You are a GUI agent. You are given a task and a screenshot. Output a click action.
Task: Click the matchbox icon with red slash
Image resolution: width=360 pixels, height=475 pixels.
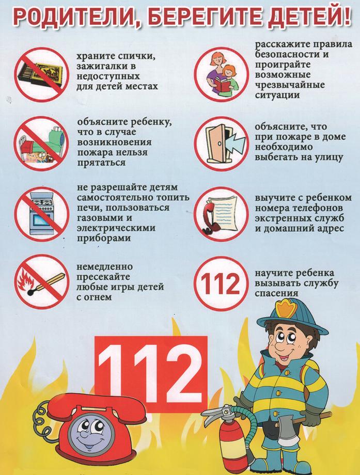click(x=41, y=74)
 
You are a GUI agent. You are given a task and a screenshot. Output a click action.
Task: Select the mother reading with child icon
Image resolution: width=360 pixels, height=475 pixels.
click(x=222, y=74)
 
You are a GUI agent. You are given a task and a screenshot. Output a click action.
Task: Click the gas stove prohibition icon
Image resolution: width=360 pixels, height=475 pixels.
click(x=42, y=214)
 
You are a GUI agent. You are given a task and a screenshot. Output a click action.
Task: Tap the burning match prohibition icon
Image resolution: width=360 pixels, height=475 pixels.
click(x=42, y=282)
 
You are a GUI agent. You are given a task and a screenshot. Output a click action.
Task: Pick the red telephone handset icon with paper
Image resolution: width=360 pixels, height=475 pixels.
click(x=222, y=214)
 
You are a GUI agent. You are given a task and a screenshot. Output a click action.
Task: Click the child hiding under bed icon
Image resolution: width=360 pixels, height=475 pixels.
click(x=41, y=144)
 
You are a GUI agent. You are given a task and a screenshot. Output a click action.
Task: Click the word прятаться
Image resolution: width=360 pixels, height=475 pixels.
click(x=102, y=163)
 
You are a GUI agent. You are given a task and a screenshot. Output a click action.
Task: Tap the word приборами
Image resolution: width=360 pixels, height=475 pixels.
click(x=104, y=239)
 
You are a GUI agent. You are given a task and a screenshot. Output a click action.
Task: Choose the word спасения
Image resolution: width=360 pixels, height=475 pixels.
click(x=276, y=293)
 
